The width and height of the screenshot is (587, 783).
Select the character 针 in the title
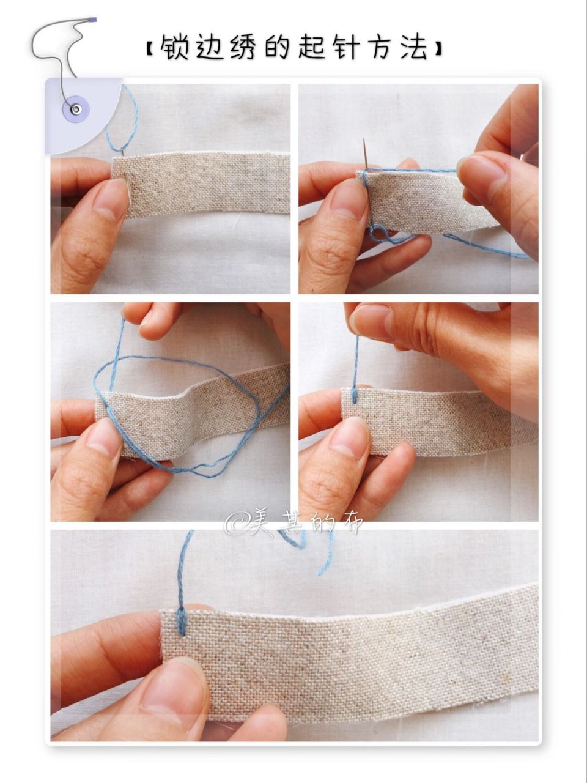[344, 46]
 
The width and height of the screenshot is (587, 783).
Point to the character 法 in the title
[413, 46]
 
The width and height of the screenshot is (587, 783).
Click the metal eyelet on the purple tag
[76, 108]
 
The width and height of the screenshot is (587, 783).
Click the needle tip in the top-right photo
[364, 139]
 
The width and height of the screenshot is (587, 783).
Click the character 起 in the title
[310, 46]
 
